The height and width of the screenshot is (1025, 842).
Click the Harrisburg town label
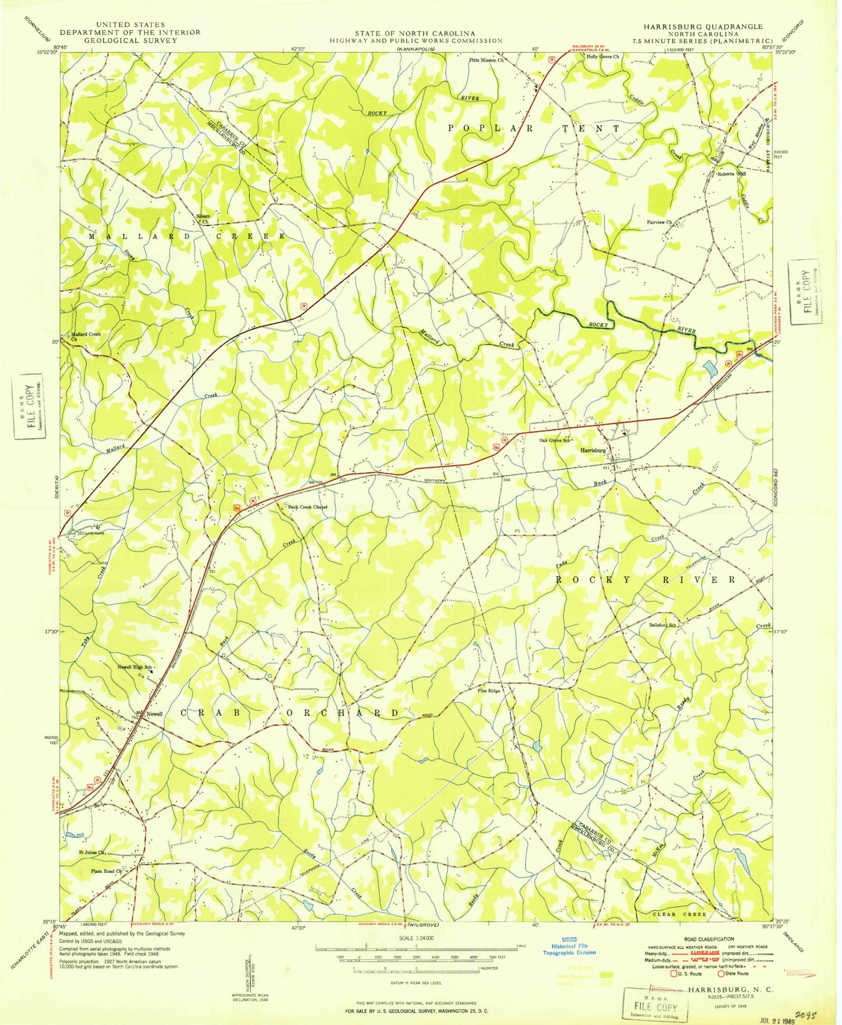pos(593,450)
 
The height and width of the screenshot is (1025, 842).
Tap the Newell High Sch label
pos(135,667)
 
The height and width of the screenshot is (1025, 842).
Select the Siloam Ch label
pos(202,219)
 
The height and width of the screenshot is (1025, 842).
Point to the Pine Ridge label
pos(489,691)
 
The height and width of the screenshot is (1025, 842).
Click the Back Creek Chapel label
pos(308,507)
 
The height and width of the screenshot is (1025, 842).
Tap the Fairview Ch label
pos(659,222)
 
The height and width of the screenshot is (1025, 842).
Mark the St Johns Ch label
pos(91,853)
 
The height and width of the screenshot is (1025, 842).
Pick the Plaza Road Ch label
pos(105,871)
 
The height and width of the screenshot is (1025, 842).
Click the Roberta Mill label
pos(731,173)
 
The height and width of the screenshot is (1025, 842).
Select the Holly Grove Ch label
pos(603,57)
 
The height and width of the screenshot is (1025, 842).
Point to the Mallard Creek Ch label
pos(86,336)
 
